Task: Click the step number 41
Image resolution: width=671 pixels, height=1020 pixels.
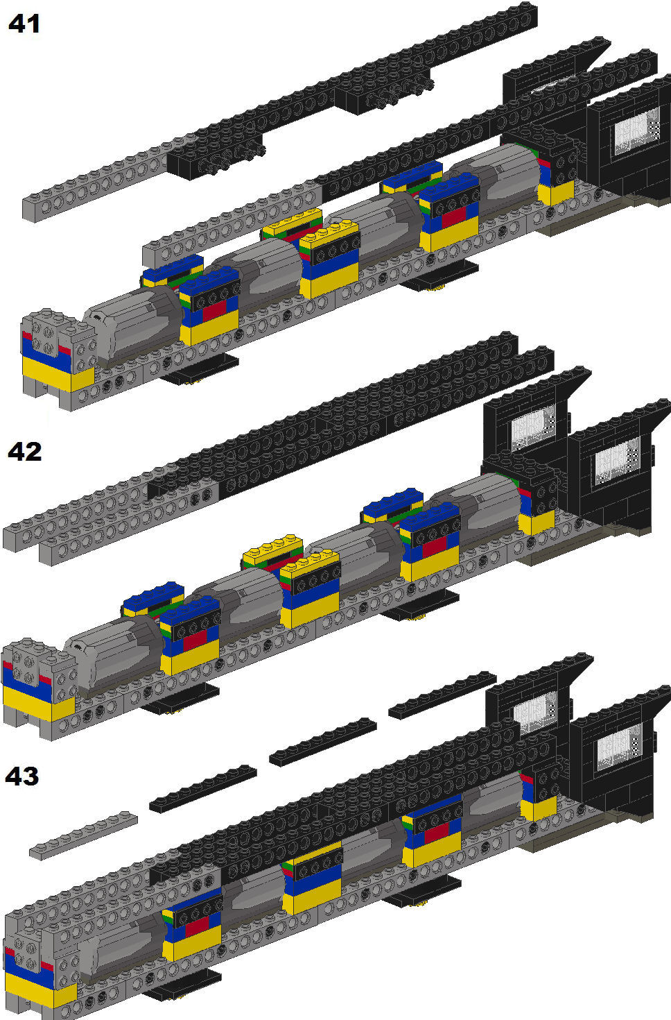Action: [24, 24]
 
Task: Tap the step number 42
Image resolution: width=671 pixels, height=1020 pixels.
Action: [24, 452]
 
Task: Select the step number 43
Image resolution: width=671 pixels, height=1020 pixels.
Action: [22, 776]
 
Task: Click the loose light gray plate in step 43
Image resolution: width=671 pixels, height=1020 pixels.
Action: [84, 835]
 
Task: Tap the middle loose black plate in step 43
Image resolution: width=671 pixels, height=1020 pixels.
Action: [323, 742]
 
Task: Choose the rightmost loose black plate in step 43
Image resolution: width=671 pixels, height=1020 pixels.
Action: [442, 695]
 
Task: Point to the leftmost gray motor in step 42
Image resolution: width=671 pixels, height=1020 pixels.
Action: [114, 656]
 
